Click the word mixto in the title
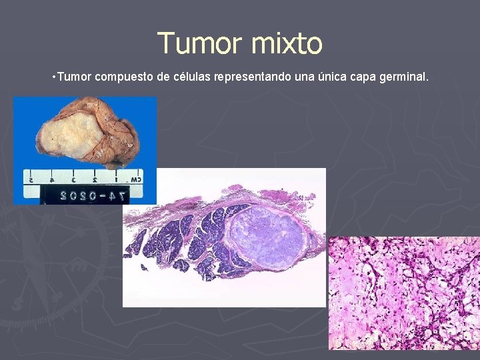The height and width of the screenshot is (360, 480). coord(287,43)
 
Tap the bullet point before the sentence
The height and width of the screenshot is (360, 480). coord(53,77)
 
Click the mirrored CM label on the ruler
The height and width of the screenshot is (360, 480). coord(135,178)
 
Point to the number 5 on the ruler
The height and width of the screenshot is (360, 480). coord(30,179)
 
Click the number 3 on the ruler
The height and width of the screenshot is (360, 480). coord(73,179)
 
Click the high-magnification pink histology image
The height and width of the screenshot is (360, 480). coord(404,293)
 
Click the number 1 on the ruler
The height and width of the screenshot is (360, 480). coord(115,179)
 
